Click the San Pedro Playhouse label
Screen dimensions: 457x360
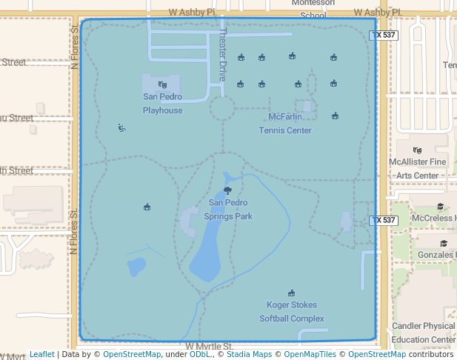pyautogui.click(x=162, y=104)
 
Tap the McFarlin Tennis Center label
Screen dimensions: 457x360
pyautogui.click(x=285, y=124)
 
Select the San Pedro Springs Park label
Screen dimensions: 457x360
pyautogui.click(x=230, y=209)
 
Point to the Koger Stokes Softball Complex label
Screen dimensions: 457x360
pyautogui.click(x=292, y=312)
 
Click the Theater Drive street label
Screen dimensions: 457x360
pyautogui.click(x=221, y=59)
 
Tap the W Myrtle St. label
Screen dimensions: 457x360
pyautogui.click(x=210, y=346)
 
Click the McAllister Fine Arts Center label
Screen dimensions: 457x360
pyautogui.click(x=417, y=168)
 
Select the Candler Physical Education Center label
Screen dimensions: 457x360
pyautogui.click(x=424, y=333)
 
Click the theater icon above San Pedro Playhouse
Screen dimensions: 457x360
pyautogui.click(x=162, y=84)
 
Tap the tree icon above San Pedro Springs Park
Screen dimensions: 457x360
pyautogui.click(x=227, y=191)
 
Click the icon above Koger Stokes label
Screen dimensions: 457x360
pyautogui.click(x=291, y=293)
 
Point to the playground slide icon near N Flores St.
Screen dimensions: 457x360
pyautogui.click(x=121, y=127)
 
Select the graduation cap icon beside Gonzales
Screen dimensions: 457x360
pyautogui.click(x=444, y=243)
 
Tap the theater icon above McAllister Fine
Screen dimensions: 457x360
pyautogui.click(x=417, y=150)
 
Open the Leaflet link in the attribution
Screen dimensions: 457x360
pyautogui.click(x=41, y=355)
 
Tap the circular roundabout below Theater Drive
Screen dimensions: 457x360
pyautogui.click(x=222, y=108)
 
